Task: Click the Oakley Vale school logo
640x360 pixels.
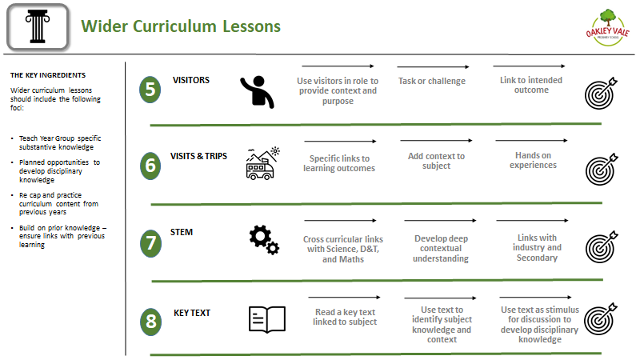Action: point(607,28)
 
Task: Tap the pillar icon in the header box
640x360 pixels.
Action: point(38,27)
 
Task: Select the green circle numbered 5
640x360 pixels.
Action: point(150,90)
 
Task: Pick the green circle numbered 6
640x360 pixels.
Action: point(150,166)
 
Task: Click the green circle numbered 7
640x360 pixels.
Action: point(150,243)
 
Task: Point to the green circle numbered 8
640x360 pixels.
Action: point(150,322)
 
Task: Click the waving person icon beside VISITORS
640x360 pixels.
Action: point(257,92)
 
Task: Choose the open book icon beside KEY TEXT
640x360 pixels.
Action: point(267,319)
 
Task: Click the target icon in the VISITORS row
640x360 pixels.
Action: point(601,93)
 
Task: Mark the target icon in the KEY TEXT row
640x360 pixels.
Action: point(601,318)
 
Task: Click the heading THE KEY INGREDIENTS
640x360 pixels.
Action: point(48,75)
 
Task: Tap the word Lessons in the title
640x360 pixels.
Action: point(251,26)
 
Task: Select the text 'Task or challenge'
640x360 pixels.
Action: point(432,81)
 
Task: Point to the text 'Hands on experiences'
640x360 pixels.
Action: point(533,160)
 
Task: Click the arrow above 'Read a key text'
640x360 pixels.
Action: point(344,297)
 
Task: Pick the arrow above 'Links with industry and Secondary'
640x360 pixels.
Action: point(532,221)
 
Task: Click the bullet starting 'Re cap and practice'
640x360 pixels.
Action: point(58,203)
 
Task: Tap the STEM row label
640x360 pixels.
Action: point(182,232)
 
